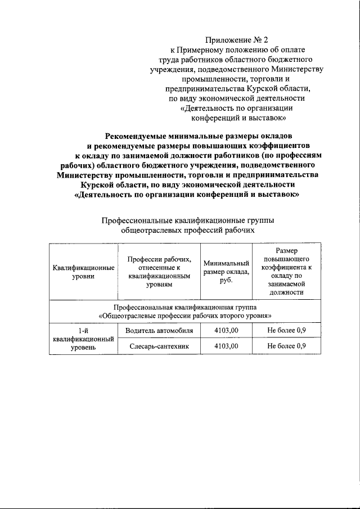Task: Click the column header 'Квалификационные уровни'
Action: [83, 271]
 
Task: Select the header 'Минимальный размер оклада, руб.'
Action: [226, 271]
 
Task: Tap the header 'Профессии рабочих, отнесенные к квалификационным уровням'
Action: [159, 271]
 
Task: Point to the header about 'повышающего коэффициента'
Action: [286, 271]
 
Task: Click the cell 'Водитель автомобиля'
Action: [159, 330]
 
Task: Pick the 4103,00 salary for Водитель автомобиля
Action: [226, 330]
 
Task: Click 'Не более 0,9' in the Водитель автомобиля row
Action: [286, 330]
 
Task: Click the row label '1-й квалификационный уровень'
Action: [83, 339]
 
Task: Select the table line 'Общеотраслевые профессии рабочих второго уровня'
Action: [184, 316]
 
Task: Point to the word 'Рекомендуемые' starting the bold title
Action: [137, 136]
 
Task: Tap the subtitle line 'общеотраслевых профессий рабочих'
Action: [184, 231]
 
